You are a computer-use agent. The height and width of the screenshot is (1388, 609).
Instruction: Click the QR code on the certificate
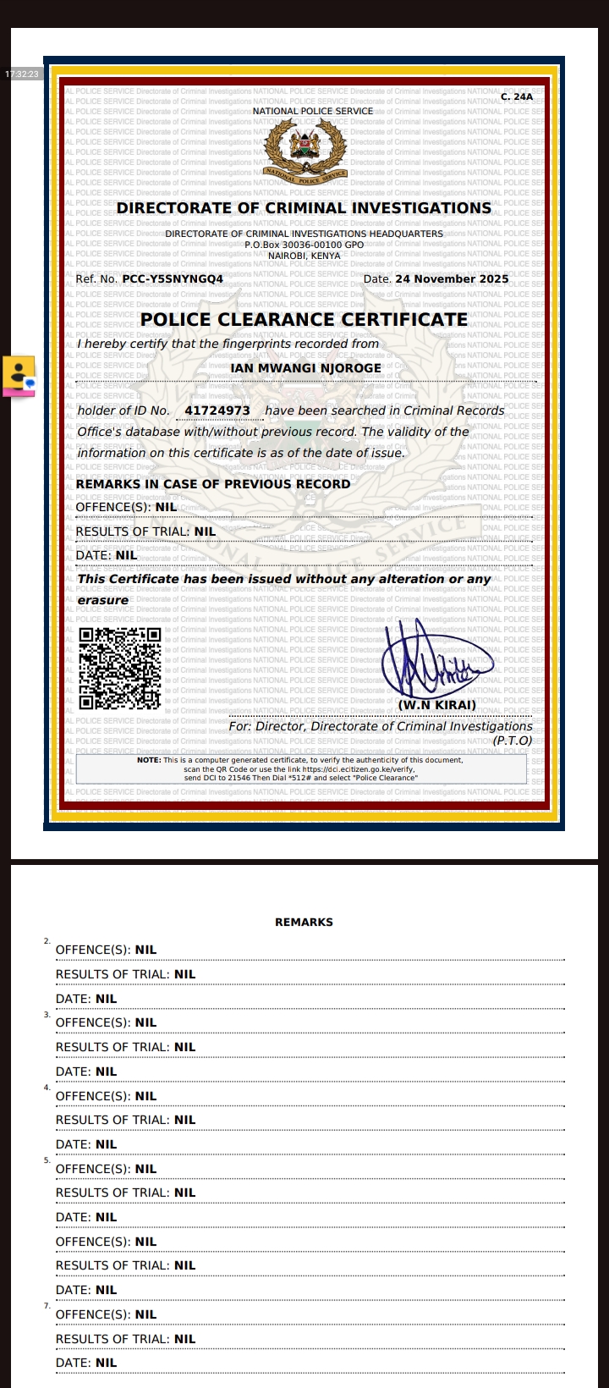point(119,669)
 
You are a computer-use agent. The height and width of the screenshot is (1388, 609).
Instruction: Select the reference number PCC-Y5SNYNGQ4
point(173,278)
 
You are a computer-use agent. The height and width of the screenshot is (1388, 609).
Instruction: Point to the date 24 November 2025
point(452,278)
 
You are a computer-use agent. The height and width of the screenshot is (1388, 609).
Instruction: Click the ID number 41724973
point(217,410)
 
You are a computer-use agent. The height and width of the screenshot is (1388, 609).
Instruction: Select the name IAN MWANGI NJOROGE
point(305,368)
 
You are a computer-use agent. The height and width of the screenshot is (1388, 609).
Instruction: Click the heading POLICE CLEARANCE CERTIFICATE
point(304,320)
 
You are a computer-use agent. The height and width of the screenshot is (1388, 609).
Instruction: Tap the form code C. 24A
point(517,97)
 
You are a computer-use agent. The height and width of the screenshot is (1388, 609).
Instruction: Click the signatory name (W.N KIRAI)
point(436,705)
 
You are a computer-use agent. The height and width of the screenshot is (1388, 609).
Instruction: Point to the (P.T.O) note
point(513,741)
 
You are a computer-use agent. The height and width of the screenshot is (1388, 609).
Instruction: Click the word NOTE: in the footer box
point(149,760)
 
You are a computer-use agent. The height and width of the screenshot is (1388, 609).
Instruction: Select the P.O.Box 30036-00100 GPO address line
point(304,245)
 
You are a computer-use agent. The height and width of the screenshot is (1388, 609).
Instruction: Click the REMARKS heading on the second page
point(304,923)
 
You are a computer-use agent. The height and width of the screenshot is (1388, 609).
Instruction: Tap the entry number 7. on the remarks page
point(47,1306)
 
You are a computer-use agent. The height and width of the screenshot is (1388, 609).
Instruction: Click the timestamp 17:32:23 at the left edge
point(21,74)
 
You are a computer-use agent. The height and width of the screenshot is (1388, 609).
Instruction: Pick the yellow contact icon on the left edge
point(19,375)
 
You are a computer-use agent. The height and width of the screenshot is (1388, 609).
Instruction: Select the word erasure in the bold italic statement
point(103,600)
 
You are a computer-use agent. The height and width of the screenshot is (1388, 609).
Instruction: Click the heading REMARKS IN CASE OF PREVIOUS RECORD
point(212,484)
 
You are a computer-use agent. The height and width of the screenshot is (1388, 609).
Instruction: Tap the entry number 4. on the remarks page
point(47,1087)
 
